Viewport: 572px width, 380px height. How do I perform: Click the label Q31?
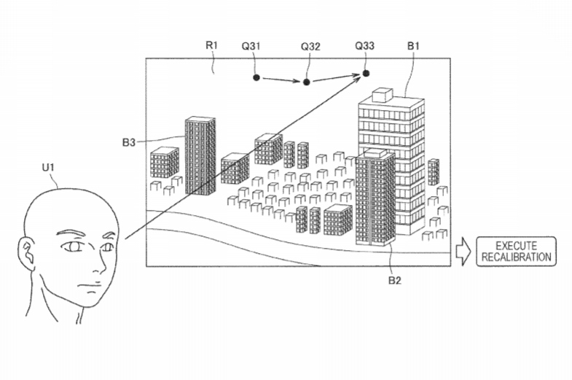point(251,47)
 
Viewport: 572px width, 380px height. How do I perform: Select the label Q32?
point(310,47)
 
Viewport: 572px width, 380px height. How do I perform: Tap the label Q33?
point(365,46)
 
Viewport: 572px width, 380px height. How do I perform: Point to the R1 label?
point(211,45)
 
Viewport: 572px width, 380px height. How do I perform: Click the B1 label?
point(413,46)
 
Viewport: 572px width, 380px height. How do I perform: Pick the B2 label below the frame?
point(394,280)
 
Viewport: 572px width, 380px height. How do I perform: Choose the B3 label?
point(128,142)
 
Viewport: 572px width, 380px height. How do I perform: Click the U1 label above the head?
point(48,168)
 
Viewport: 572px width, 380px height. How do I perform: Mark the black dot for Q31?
point(256,77)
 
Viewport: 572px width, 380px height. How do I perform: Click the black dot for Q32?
point(307,82)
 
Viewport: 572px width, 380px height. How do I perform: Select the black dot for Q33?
point(366,74)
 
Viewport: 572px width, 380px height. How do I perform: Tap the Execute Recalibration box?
point(516,251)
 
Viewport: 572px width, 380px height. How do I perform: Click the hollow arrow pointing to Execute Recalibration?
point(463,251)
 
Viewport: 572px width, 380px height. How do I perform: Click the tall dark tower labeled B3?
point(200,156)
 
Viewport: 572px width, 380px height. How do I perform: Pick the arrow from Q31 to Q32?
point(281,80)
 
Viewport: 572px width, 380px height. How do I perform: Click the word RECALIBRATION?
point(516,257)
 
